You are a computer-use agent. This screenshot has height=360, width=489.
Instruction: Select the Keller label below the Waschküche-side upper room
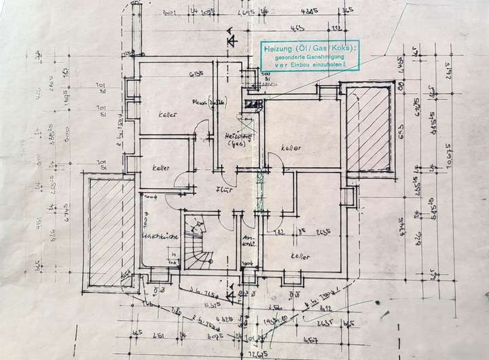(x=161, y=168)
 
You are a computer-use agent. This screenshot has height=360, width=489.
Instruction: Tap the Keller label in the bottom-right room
(x=299, y=257)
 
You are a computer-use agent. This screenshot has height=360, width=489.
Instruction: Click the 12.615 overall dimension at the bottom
(x=255, y=353)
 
